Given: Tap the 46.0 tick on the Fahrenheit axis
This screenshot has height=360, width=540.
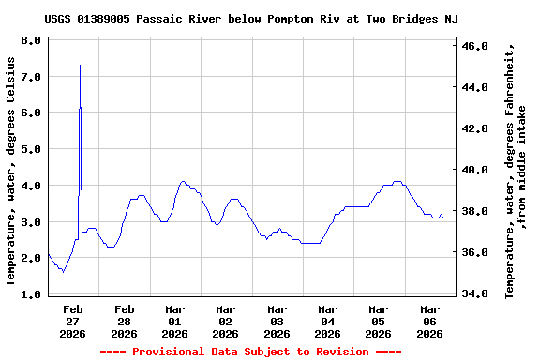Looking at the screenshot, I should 476,46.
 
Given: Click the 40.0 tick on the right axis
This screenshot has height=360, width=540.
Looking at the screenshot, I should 476,170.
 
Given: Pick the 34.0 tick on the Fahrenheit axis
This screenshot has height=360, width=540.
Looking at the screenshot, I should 476,294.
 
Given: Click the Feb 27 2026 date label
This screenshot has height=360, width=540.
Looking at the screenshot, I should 73,321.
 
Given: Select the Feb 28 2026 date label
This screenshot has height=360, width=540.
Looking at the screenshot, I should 124,321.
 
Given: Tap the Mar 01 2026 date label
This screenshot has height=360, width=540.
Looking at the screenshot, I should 174,321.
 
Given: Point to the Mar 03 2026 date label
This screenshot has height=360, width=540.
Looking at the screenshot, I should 277,321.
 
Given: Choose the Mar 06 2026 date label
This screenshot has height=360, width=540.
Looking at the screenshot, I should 429,321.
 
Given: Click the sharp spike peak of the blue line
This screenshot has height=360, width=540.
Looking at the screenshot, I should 80,66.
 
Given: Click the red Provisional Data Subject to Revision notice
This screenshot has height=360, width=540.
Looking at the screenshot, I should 250,352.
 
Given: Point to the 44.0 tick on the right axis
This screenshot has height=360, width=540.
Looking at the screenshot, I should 476,87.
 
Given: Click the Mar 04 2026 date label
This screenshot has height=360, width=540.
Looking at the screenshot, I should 327,321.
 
